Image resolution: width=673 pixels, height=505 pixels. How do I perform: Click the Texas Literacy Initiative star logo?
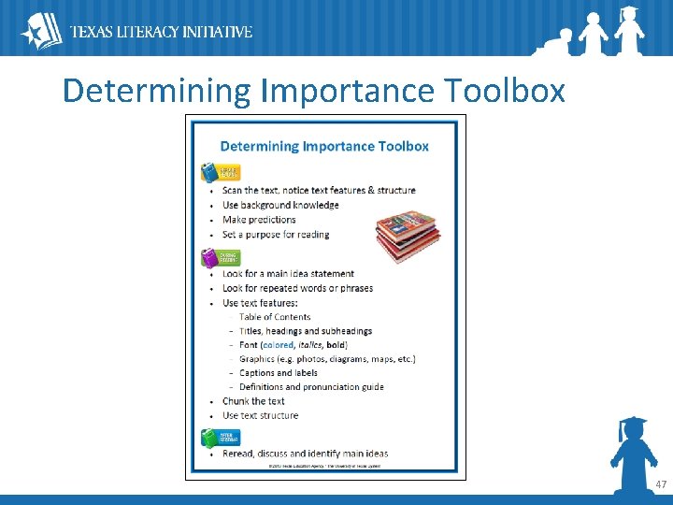40,31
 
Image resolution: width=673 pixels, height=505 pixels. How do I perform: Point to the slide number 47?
661,484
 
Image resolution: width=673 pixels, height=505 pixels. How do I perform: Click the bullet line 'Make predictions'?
259,220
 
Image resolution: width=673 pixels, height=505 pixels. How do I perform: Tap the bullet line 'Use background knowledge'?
280,205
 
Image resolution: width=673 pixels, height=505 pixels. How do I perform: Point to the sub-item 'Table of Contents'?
275,317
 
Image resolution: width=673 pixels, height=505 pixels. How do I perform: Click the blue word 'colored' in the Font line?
278,345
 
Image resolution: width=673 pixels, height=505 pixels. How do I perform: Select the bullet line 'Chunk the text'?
253,401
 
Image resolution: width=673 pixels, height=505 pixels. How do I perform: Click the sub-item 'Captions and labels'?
279,373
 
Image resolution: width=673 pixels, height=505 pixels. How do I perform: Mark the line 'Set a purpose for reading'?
276,235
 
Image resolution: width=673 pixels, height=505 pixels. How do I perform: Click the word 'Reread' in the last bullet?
237,454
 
